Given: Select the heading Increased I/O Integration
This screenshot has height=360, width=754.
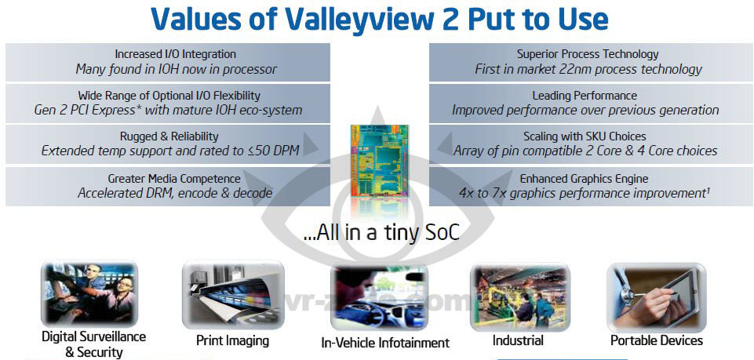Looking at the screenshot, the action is (x=175, y=54).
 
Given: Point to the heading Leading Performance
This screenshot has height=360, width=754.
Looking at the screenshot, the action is (x=585, y=96).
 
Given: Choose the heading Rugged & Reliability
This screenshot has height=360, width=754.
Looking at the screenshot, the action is (x=169, y=137).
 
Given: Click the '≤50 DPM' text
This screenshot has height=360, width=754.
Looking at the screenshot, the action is (x=274, y=151).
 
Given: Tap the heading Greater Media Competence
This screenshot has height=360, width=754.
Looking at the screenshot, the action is (x=174, y=179).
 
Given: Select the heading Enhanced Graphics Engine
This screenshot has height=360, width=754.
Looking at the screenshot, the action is (x=584, y=179).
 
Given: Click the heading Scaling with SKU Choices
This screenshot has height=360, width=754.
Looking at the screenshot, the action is (x=585, y=137).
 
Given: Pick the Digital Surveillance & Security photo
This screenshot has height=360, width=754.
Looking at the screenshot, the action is (x=89, y=293).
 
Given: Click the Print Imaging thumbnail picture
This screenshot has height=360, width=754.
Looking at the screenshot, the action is (x=233, y=293).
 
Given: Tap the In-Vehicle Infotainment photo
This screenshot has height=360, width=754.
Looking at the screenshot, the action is (x=379, y=297).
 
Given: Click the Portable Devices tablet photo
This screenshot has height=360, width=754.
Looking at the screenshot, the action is (x=656, y=296).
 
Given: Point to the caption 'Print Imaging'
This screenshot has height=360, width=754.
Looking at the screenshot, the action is (x=232, y=341).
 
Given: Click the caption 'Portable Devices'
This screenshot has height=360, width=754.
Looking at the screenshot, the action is (x=657, y=340).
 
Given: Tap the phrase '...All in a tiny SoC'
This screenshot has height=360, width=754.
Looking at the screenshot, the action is (x=382, y=233).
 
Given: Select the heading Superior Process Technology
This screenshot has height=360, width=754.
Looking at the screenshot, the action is (x=588, y=54).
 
